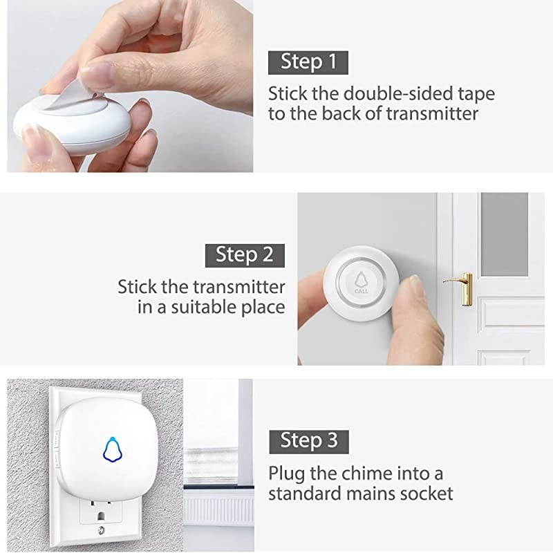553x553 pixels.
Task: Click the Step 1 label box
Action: click(308, 62)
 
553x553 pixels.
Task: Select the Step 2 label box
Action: click(245, 254)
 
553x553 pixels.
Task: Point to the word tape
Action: click(476, 93)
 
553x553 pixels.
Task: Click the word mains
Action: click(375, 494)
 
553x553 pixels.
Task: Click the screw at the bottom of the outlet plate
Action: click(102, 530)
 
